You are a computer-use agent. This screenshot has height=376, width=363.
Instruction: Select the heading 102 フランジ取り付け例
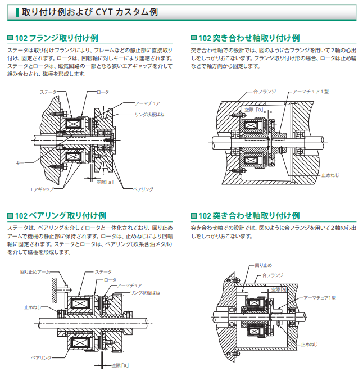click(x=56, y=38)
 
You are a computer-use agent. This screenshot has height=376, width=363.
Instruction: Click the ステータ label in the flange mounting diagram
click(x=49, y=91)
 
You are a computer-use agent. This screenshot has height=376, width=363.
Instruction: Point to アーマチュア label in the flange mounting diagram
click(x=148, y=103)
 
